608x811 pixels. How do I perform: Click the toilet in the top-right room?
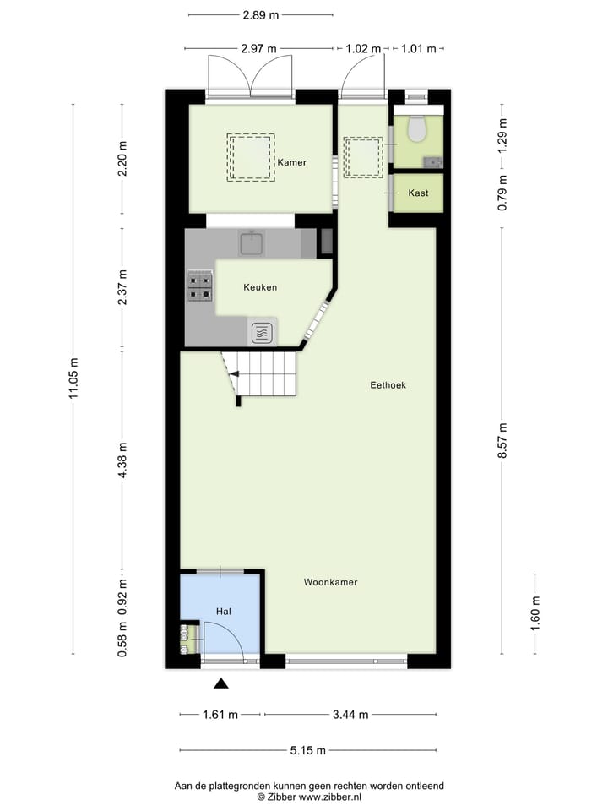coord(415,129)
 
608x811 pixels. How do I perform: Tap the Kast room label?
coord(418,193)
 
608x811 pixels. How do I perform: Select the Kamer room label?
coord(291,162)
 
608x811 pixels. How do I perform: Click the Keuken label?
coord(260,287)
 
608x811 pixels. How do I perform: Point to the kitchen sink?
coord(252,244)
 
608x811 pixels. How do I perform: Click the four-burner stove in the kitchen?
coord(200,286)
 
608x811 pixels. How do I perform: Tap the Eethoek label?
coord(388,385)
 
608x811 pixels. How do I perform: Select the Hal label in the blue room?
coord(224,611)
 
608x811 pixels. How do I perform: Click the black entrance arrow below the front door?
coord(221,683)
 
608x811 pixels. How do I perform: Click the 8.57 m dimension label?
coord(503,440)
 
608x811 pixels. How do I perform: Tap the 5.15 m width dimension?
coord(308,750)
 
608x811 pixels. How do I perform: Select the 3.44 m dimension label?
coord(350,715)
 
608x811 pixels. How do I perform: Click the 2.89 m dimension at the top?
coord(261,15)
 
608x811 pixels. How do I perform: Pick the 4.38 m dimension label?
coord(122,461)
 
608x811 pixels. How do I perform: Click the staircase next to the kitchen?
coord(263,374)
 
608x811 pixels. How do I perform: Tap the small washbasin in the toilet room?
coord(433,160)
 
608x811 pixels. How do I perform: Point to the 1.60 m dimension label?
coord(535,612)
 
